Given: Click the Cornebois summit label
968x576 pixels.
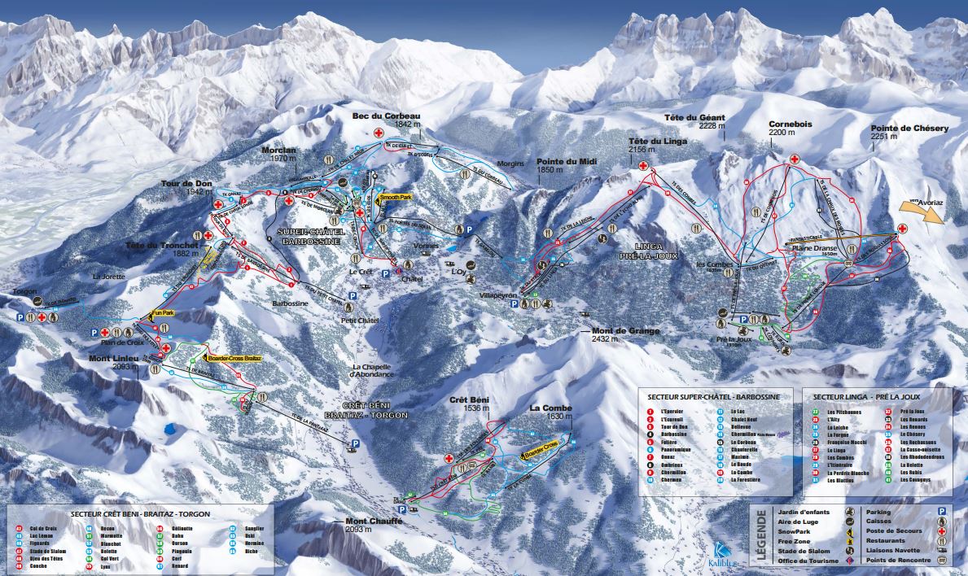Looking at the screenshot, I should click(x=791, y=124).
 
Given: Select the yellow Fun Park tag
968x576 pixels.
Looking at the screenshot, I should click(x=163, y=313).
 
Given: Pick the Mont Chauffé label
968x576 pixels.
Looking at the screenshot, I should click(x=369, y=521).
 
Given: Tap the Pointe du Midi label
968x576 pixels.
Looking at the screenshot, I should click(x=567, y=161).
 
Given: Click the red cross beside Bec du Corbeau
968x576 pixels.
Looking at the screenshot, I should click(x=379, y=133).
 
